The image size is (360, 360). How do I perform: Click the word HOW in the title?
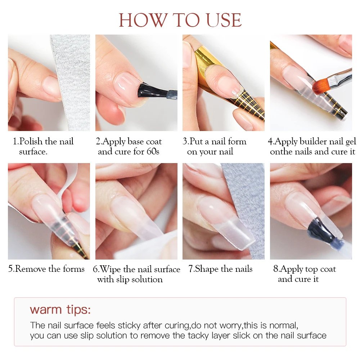coord(139,20)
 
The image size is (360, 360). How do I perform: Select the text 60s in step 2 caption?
coord(153,152)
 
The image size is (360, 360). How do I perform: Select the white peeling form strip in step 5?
coord(68,180)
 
